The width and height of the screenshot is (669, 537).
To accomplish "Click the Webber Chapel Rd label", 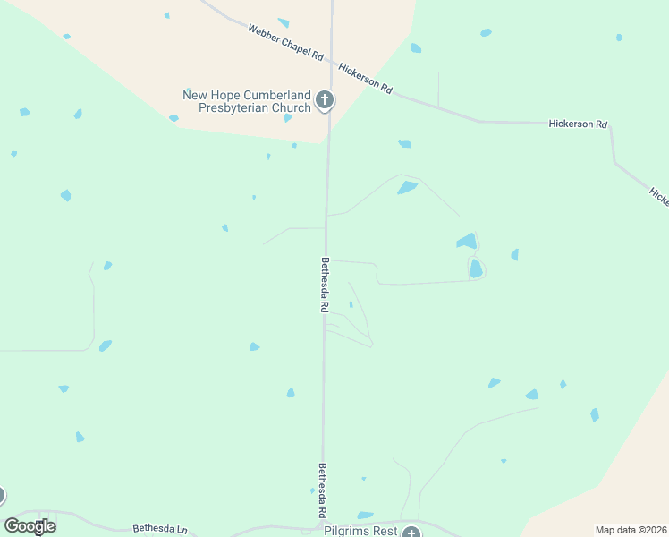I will (284, 42).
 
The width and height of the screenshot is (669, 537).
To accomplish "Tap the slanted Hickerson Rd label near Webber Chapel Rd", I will (366, 77).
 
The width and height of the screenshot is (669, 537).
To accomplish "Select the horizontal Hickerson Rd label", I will (578, 124).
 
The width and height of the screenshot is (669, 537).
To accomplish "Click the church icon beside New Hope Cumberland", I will (325, 99).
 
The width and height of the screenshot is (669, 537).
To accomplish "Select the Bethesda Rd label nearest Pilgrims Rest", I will (321, 490).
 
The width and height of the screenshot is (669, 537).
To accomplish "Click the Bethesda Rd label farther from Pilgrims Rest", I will (325, 285).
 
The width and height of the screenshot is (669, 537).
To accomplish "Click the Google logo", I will (30, 526).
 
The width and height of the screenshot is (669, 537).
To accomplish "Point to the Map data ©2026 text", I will (631, 530).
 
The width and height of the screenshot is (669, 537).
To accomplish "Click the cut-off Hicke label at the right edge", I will (659, 197).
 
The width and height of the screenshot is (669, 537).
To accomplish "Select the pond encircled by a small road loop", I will (476, 268).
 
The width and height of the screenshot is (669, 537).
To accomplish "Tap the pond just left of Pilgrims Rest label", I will (365, 516).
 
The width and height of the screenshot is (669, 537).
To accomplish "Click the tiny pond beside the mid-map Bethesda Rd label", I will (351, 304).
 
